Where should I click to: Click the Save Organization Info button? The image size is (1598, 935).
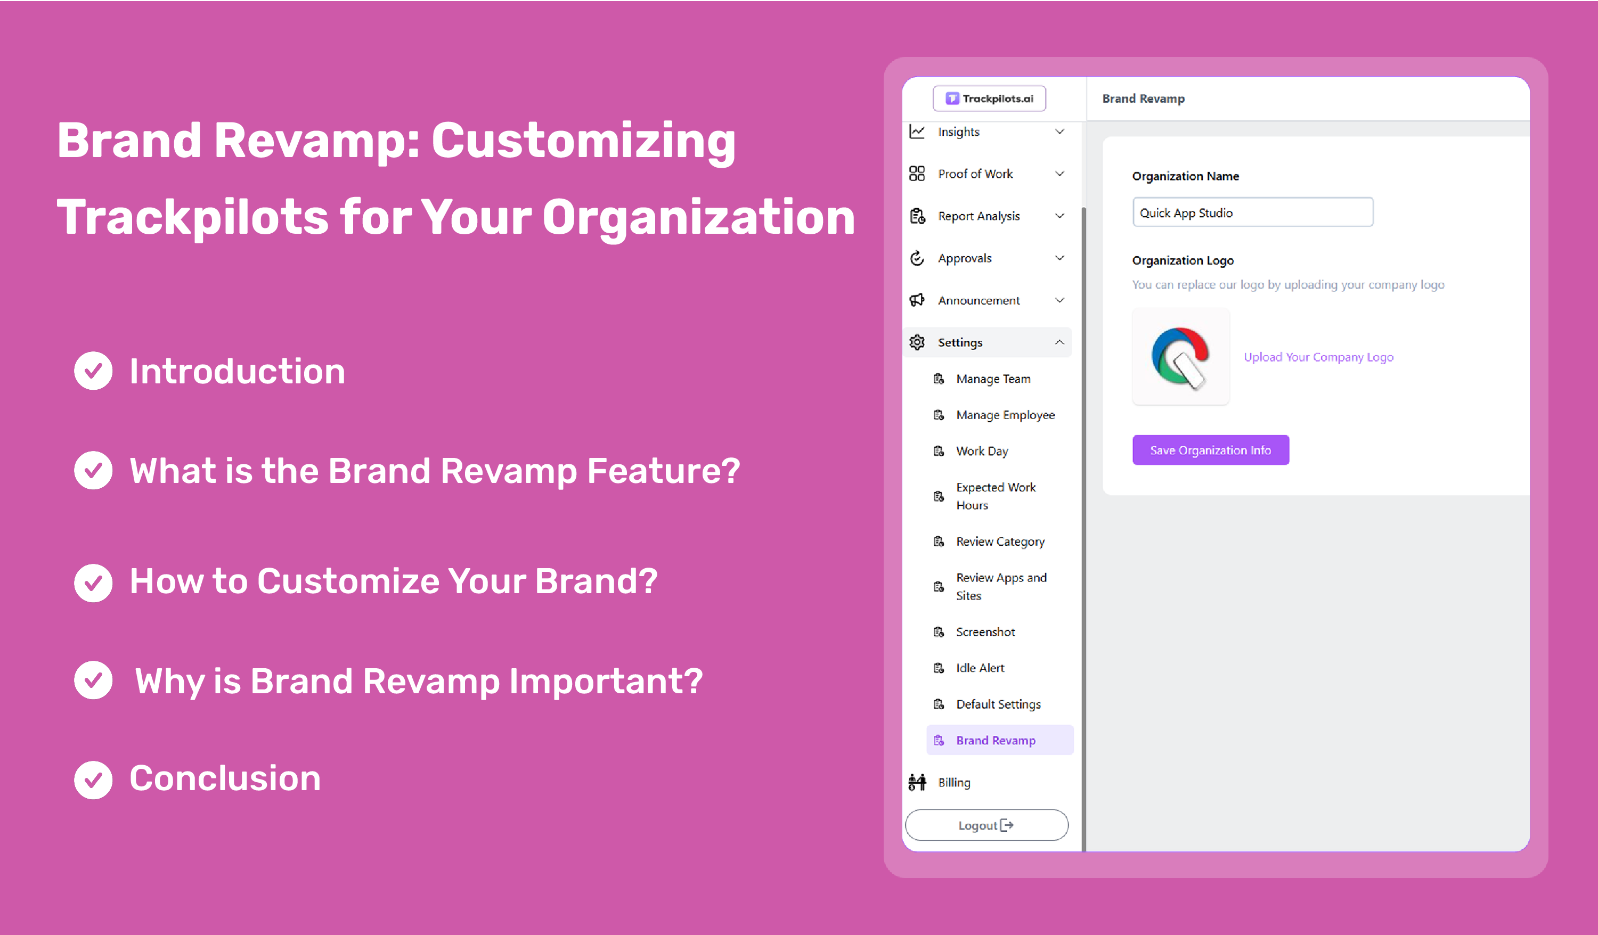pos(1211,450)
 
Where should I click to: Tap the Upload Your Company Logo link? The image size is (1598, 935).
pos(1318,357)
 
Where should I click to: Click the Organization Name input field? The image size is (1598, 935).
pos(1253,212)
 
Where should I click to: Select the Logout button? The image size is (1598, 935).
pos(986,825)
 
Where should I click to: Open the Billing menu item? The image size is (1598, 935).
pos(953,782)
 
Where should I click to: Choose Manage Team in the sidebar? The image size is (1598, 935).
pos(993,379)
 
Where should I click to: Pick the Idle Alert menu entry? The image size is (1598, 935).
pos(980,668)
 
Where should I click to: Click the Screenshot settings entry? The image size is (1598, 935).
pos(985,631)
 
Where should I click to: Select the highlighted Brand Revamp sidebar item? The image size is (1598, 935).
pos(999,740)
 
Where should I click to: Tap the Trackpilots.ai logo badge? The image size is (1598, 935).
pos(989,99)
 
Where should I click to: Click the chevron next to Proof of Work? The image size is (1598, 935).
pos(1059,174)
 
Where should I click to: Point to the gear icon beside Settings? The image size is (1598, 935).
pos(917,342)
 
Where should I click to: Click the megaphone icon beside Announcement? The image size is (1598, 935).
pos(917,300)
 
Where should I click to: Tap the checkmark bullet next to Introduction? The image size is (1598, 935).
pos(93,371)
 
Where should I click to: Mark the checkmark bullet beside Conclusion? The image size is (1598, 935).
pos(93,780)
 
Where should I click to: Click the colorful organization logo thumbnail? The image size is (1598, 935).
pos(1181,357)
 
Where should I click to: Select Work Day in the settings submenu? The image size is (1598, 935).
pos(982,450)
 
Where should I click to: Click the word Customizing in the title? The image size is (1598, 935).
pos(583,140)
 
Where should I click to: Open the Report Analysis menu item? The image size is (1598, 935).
pos(979,216)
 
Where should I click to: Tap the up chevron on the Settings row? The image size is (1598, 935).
pos(1059,342)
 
